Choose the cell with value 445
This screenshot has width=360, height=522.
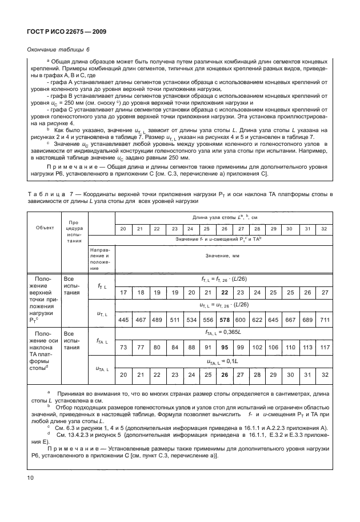tap(123, 320)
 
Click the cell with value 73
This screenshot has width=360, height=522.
tap(123, 347)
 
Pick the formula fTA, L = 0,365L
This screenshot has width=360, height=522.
tap(223, 333)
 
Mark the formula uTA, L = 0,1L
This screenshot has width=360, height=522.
tap(223, 361)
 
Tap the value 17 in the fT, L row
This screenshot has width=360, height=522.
tap(123, 292)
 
